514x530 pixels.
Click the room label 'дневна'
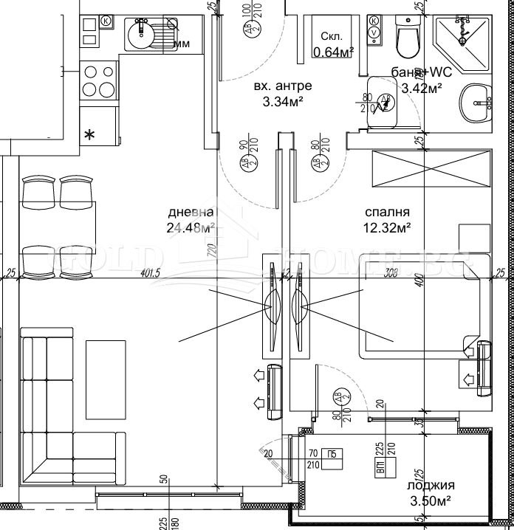click(x=191, y=213)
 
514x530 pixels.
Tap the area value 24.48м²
click(x=191, y=227)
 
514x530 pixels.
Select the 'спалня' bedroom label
click(x=387, y=213)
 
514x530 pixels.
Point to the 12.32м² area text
click(x=388, y=228)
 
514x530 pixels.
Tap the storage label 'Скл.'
click(x=331, y=38)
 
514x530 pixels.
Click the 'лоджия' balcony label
click(x=431, y=486)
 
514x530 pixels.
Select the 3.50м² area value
click(x=431, y=501)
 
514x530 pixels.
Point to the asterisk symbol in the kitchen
click(x=90, y=134)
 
